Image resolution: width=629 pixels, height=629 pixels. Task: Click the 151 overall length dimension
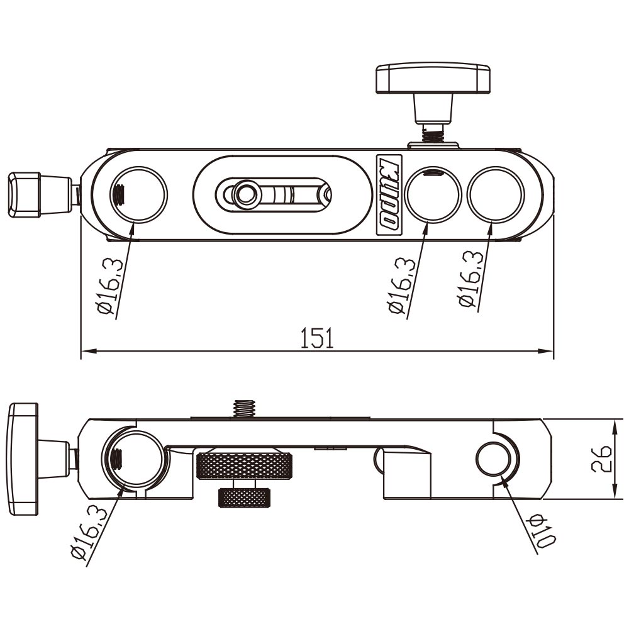(x=316, y=338)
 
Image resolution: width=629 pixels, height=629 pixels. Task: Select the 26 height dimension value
(x=601, y=459)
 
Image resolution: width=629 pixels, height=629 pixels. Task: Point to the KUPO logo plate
(x=389, y=194)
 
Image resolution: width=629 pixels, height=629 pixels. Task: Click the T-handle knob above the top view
(x=433, y=78)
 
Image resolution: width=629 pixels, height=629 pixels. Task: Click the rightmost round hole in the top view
(x=496, y=195)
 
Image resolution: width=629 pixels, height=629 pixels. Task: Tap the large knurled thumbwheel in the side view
(x=244, y=466)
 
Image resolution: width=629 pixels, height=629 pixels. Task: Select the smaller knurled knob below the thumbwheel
(x=245, y=498)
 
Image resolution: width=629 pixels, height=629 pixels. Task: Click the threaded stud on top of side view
(x=244, y=408)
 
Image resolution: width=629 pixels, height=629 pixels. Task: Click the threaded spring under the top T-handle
(x=433, y=132)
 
